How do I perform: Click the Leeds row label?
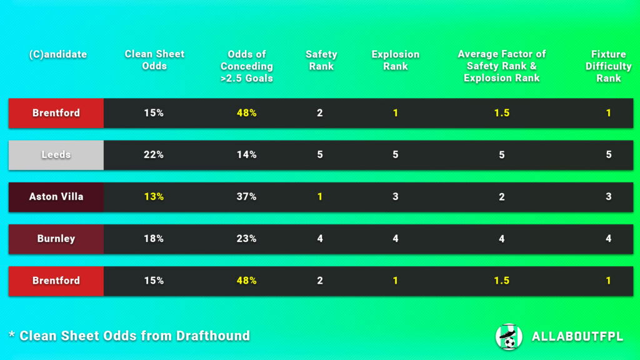(x=56, y=155)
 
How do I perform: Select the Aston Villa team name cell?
(x=56, y=197)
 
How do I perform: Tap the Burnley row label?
(x=56, y=239)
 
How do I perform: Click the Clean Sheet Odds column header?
(x=154, y=60)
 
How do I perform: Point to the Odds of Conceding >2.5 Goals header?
(x=246, y=66)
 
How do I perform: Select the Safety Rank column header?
(x=321, y=60)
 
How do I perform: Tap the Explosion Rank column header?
(x=395, y=60)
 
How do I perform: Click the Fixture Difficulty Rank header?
(x=608, y=66)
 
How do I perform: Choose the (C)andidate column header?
(x=58, y=54)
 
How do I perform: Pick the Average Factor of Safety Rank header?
(x=501, y=66)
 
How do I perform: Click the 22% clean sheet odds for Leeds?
(x=154, y=155)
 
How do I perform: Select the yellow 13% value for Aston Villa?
(x=154, y=197)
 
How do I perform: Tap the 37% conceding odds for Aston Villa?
(x=246, y=197)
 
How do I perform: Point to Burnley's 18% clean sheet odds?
(x=154, y=239)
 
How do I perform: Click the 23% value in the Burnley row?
(x=246, y=239)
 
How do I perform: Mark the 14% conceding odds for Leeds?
(x=246, y=155)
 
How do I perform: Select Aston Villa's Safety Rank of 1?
(x=320, y=197)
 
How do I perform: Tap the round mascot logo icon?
(x=508, y=336)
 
